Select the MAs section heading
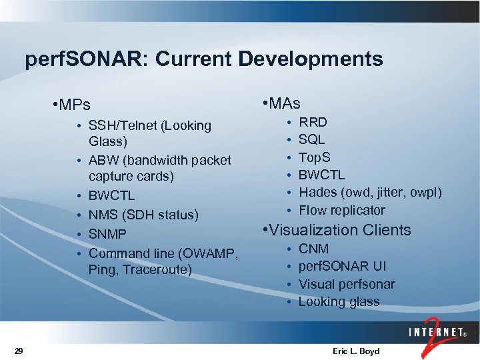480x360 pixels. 283,103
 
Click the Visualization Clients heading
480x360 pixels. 337,230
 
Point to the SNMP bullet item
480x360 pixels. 107,234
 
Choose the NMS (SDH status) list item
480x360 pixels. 143,215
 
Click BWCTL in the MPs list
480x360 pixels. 111,196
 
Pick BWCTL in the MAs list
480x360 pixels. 321,175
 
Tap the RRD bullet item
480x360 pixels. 313,122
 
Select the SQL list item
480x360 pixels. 311,139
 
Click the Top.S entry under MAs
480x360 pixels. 314,157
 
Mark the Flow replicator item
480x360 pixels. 341,210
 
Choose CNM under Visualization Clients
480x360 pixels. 313,249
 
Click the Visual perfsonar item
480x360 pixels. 346,284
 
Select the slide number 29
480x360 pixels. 19,351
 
